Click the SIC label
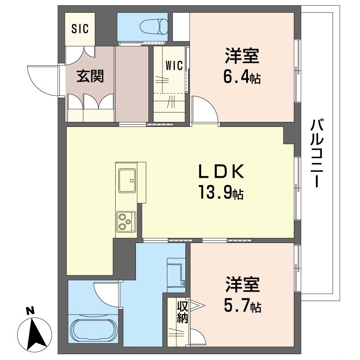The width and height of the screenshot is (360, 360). [x=81, y=29]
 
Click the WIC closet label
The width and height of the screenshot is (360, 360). [x=174, y=66]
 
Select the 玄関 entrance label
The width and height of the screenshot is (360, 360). [x=90, y=76]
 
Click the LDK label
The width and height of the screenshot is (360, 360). [x=222, y=172]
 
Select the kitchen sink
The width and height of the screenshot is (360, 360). [x=127, y=180]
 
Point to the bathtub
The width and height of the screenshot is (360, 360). [x=94, y=331]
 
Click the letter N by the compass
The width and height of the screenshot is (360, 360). [x=30, y=310]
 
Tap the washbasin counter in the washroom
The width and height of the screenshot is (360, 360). [x=175, y=272]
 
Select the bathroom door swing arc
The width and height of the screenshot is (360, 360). [x=107, y=292]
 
